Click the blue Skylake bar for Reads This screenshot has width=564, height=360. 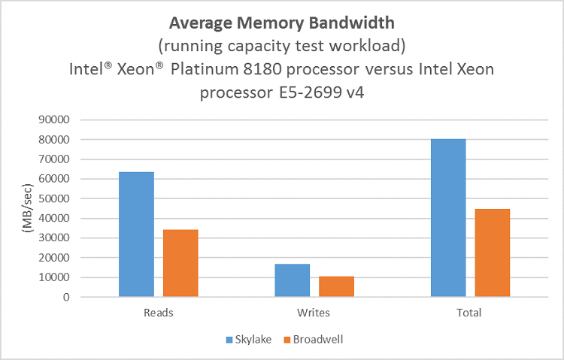[x=136, y=234]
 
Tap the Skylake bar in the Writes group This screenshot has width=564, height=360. [x=293, y=280]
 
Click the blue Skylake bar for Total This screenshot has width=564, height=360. [x=448, y=218]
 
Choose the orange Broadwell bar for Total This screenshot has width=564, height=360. [x=493, y=253]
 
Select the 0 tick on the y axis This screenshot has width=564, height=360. [x=67, y=298]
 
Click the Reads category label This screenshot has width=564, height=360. [x=158, y=313]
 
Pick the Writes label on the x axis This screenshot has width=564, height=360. [x=314, y=313]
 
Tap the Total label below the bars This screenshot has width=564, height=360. [x=470, y=313]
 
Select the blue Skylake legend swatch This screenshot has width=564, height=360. [x=229, y=340]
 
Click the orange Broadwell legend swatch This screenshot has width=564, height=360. [x=287, y=340]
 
